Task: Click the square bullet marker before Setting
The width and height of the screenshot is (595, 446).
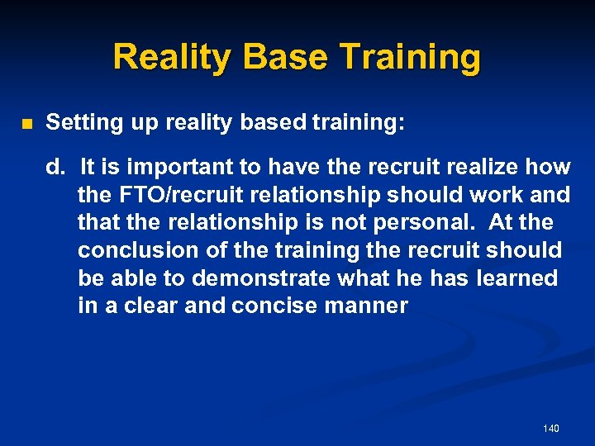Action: [x=26, y=125]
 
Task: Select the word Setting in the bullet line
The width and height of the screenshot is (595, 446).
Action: [x=83, y=123]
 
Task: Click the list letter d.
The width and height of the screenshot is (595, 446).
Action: [x=55, y=167]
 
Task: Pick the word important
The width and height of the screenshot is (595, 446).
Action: [x=169, y=167]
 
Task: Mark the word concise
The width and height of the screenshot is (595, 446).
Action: [x=271, y=306]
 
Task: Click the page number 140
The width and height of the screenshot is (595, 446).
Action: [x=551, y=428]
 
